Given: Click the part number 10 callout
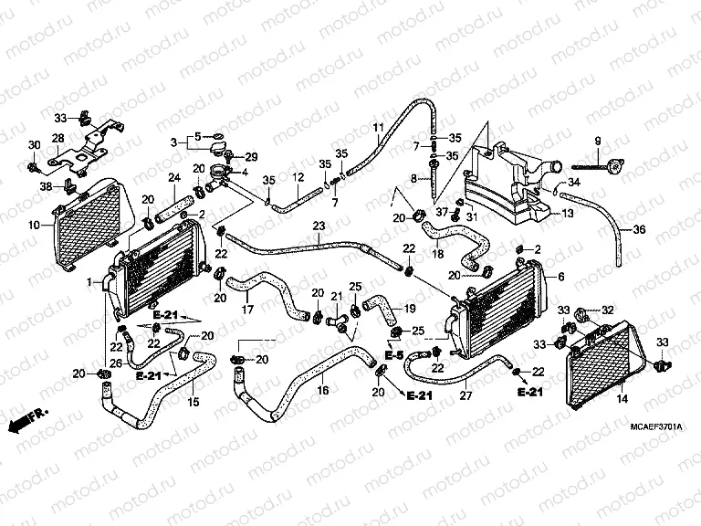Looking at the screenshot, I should pyautogui.click(x=34, y=224).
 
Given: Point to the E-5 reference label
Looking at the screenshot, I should pyautogui.click(x=393, y=355).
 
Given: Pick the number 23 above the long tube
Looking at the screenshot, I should pyautogui.click(x=318, y=226).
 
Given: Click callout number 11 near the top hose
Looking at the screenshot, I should pyautogui.click(x=378, y=126).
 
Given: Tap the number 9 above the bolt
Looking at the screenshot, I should pyautogui.click(x=598, y=140).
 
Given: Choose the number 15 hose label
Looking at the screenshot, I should pyautogui.click(x=193, y=400).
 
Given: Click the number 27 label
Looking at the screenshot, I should pyautogui.click(x=466, y=395).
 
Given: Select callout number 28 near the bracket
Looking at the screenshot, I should pyautogui.click(x=57, y=138).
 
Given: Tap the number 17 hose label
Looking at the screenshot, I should pyautogui.click(x=246, y=310).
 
